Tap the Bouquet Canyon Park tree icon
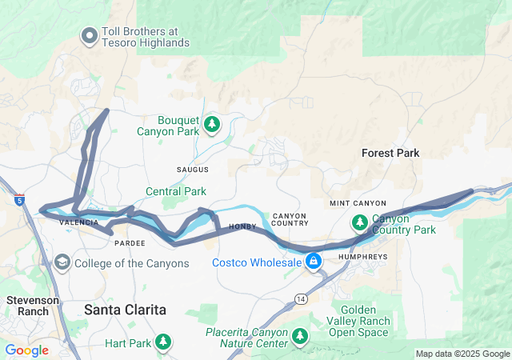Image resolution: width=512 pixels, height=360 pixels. pos(212,124)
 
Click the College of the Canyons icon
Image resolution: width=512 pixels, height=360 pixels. pos(62,262)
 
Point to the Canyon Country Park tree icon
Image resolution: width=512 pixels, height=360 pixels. pos(360,222)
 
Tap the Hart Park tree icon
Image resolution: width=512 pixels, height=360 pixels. pos(163,342)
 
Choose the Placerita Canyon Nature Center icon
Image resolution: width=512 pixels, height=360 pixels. pos(300,335)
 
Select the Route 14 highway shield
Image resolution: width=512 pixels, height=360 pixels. pos(301,298)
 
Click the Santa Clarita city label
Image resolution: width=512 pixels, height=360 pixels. pos(126,309)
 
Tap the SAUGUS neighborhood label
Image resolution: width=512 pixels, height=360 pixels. pos(192,170)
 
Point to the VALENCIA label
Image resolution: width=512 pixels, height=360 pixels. pos(78,222)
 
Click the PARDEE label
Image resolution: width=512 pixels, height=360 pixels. pos(130,242)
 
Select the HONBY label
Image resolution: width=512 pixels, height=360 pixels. pos(242,227)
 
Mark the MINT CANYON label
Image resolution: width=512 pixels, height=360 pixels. pos(358,204)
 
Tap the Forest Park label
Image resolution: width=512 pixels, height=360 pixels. pos(390,153)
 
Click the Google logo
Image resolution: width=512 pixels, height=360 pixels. pos(27,350)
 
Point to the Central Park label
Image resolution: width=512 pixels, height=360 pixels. pos(176,191)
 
